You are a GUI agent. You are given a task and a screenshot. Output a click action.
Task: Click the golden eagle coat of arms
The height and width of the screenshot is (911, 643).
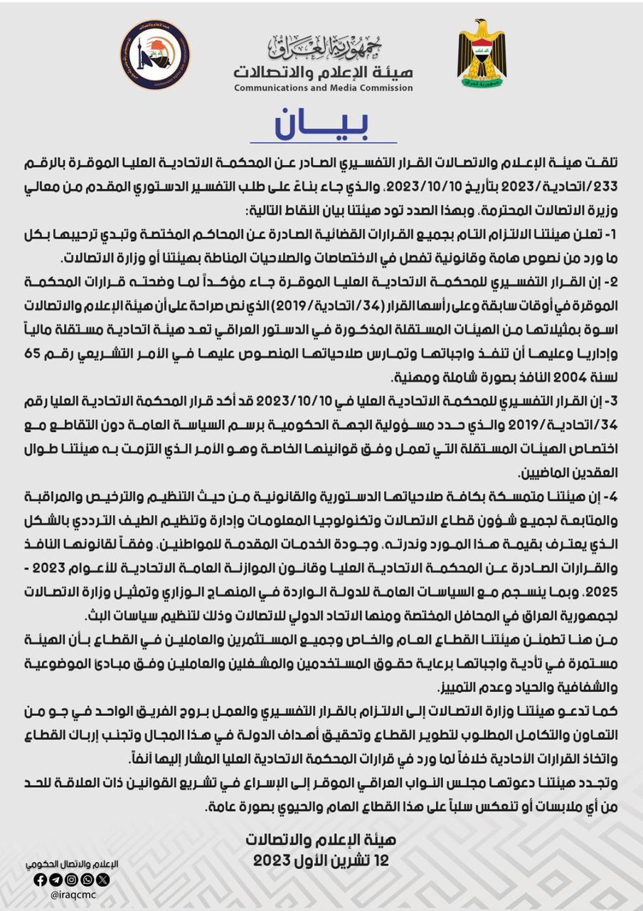coord(482,54)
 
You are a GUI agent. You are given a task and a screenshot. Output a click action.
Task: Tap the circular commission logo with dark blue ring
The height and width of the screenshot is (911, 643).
coord(155,55)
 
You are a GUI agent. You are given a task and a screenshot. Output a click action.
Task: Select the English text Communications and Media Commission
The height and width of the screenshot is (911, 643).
coord(324,88)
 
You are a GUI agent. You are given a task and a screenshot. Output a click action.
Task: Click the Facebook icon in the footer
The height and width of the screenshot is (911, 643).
coord(40,880)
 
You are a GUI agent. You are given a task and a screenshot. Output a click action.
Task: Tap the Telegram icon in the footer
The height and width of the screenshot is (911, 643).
coord(55,880)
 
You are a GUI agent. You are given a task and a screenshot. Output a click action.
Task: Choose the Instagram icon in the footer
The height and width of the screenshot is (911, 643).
coord(71,880)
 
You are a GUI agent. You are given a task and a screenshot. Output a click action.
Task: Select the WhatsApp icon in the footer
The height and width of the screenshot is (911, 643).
coord(87,880)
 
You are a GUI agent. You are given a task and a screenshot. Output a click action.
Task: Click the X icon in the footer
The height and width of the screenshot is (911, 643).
coord(102,880)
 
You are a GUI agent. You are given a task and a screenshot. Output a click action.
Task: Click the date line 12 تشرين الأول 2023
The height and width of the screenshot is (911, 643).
coord(321,860)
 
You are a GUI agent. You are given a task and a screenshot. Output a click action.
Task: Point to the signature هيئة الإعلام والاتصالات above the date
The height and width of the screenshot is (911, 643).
coord(321,840)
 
